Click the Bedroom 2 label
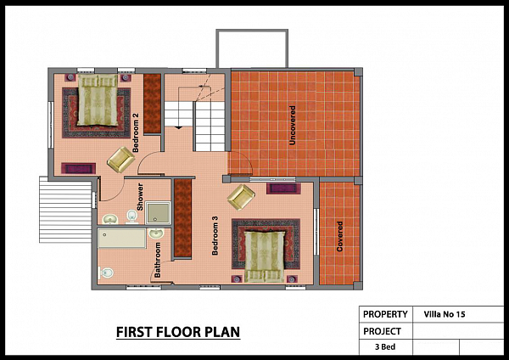[x=136, y=132]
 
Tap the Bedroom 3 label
[x=215, y=235]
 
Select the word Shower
[x=140, y=197]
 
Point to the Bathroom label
[x=158, y=260]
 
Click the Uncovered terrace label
[x=292, y=125]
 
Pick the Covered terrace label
[x=340, y=237]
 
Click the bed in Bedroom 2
[x=98, y=99]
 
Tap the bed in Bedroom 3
[x=264, y=256]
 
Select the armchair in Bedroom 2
[x=121, y=160]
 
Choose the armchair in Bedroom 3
[x=241, y=197]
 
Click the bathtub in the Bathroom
[x=122, y=238]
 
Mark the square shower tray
[x=158, y=213]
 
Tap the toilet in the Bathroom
[x=106, y=273]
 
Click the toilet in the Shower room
[x=131, y=217]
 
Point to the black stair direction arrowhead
[x=178, y=127]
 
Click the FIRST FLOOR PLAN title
[x=178, y=332]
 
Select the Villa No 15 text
[x=445, y=314]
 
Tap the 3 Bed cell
[x=385, y=346]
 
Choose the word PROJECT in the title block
[x=382, y=331]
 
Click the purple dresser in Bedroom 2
[x=79, y=168]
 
